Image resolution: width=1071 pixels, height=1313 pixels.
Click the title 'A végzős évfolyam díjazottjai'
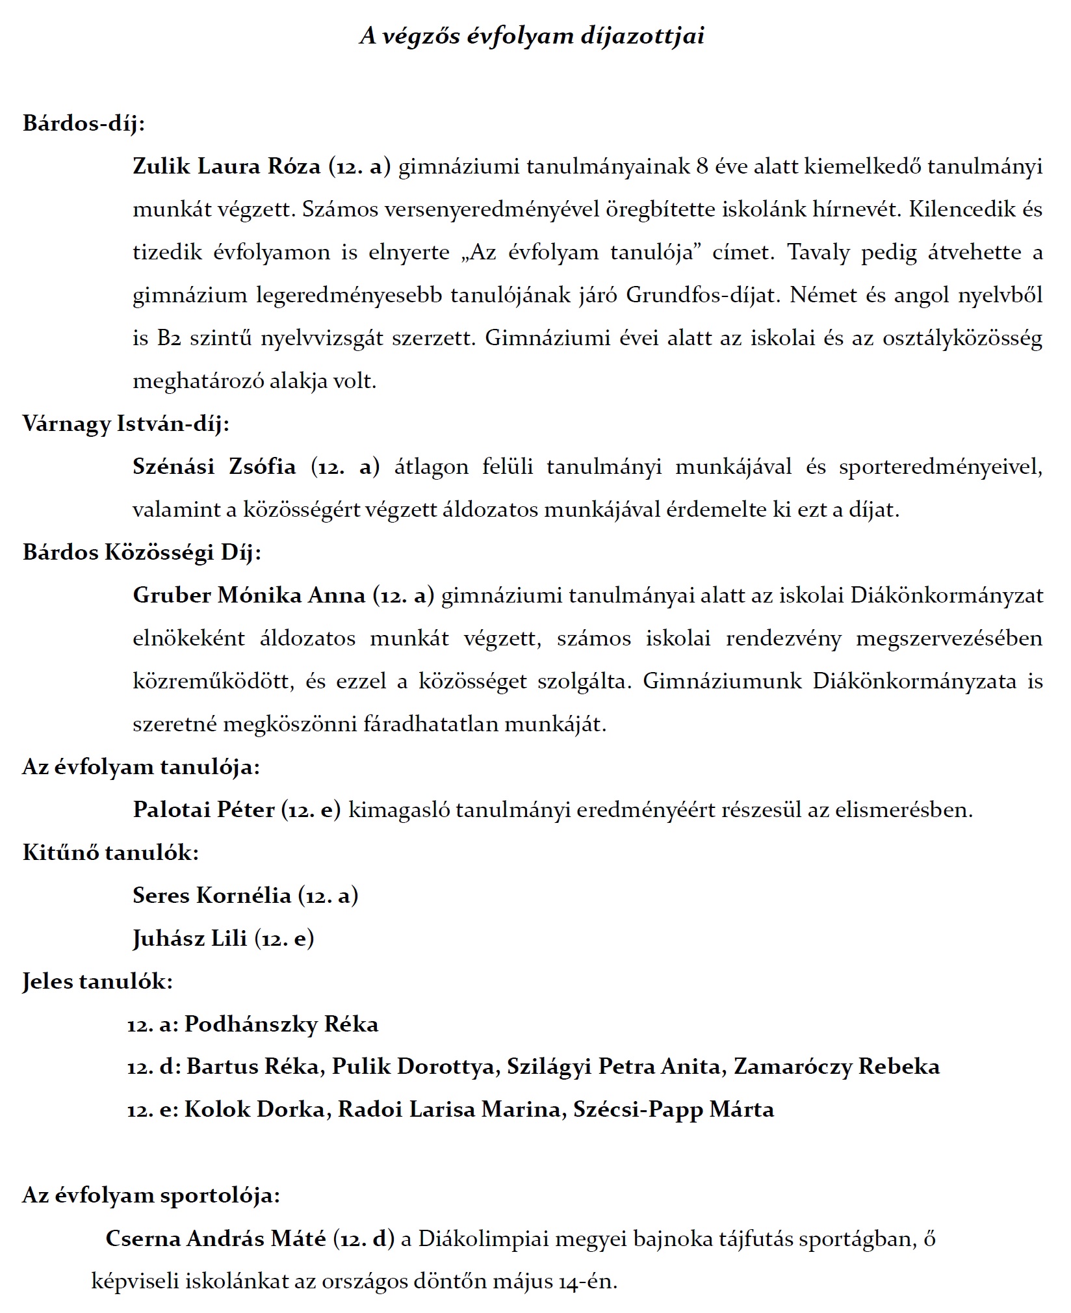click(532, 36)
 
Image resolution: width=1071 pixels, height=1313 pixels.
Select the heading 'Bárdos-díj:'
click(84, 123)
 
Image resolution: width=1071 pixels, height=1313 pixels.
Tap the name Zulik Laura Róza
click(226, 167)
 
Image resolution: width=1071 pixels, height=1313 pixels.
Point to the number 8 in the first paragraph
click(702, 167)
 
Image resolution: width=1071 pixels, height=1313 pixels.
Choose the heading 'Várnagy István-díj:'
click(126, 424)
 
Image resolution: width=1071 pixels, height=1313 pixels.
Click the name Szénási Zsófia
click(214, 467)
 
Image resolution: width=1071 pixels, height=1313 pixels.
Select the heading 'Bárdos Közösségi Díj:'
click(142, 552)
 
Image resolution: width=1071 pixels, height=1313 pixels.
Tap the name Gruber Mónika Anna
click(249, 595)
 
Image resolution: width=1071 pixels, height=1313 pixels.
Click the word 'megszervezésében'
click(949, 638)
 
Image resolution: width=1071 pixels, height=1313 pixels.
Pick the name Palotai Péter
click(203, 810)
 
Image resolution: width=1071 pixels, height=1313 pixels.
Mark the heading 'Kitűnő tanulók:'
click(110, 852)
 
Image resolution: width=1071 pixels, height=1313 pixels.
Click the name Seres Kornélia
click(212, 896)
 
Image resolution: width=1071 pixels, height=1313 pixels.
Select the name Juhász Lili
click(190, 939)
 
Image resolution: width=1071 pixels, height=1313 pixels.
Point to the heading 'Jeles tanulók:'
click(97, 981)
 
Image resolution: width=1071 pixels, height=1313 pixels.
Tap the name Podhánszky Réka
click(281, 1024)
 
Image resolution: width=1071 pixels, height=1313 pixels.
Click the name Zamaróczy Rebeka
click(836, 1067)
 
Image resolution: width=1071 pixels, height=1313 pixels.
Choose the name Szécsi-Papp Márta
click(673, 1109)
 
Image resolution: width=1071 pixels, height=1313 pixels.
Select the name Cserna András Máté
click(216, 1239)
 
